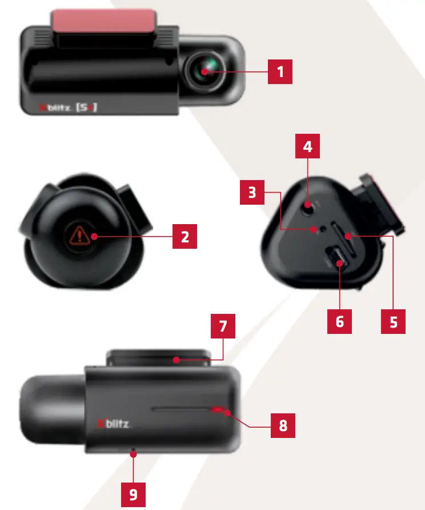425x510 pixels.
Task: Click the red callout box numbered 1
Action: click(280, 72)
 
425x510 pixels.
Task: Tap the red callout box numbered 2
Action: click(185, 236)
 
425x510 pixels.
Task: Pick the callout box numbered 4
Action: click(307, 146)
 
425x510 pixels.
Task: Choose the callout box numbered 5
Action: click(393, 321)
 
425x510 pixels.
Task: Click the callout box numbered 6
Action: click(340, 321)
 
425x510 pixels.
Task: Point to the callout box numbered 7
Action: click(223, 327)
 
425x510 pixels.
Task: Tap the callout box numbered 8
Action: click(283, 425)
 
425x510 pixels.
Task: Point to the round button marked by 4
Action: click(308, 205)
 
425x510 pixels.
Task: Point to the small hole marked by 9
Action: click(133, 454)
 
